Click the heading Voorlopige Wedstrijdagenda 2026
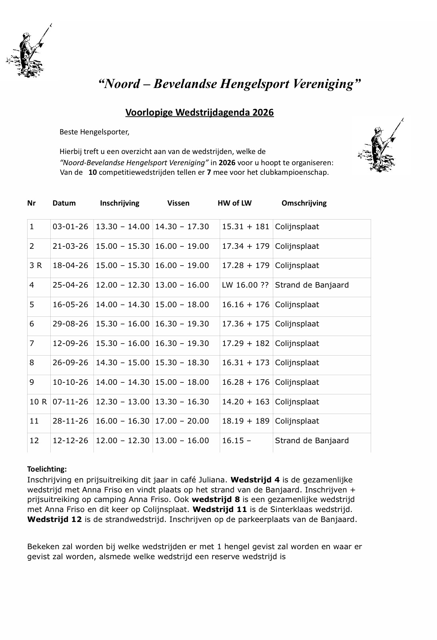click(x=199, y=112)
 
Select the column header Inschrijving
click(x=119, y=203)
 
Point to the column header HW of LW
click(x=234, y=203)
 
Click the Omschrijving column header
click(x=304, y=203)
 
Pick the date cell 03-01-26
click(x=70, y=227)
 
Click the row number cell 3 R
click(x=36, y=266)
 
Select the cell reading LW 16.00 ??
click(x=245, y=285)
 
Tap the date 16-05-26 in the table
click(x=70, y=305)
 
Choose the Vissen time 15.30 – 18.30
click(x=182, y=363)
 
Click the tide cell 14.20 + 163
click(x=246, y=402)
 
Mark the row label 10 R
click(x=38, y=402)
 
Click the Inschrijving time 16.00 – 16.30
click(x=122, y=421)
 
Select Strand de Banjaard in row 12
click(x=312, y=441)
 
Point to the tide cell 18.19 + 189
click(x=246, y=421)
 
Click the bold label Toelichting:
click(x=47, y=469)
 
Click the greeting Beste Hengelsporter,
click(x=94, y=132)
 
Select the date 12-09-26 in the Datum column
click(x=70, y=344)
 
